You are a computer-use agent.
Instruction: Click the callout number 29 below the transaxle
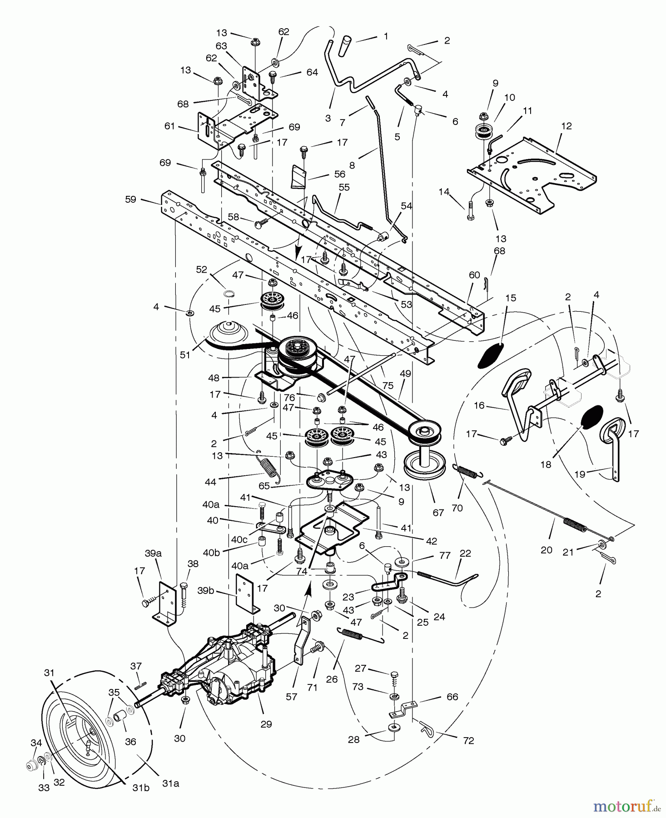click(x=266, y=724)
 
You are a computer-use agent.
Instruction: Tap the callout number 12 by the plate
click(x=567, y=126)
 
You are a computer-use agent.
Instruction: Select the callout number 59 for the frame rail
click(x=131, y=199)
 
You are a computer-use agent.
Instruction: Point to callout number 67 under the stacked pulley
click(x=438, y=513)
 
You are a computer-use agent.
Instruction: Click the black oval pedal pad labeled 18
click(x=591, y=417)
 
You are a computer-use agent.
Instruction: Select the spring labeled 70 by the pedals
click(x=467, y=472)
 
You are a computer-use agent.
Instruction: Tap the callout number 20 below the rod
click(x=547, y=550)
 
